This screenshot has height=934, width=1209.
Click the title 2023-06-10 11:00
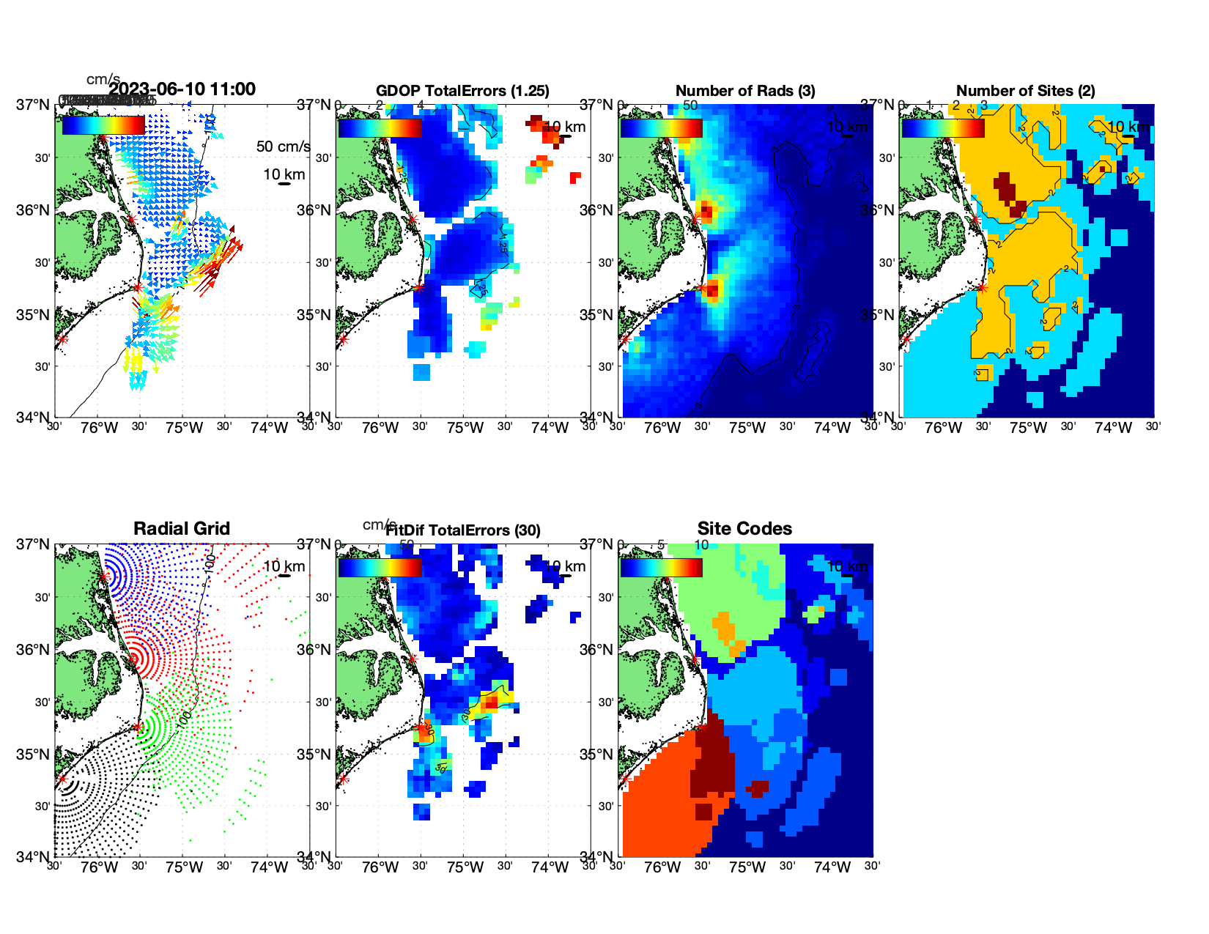click(x=182, y=89)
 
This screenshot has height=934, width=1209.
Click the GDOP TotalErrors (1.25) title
click(x=462, y=91)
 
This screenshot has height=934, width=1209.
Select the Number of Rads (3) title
click(x=745, y=91)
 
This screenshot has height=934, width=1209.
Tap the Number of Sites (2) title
click(x=1026, y=91)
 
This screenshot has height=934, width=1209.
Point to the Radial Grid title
click(x=182, y=529)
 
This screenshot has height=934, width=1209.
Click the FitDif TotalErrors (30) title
click(x=463, y=530)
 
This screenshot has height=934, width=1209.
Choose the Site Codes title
click(x=744, y=529)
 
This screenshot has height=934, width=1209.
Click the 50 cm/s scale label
click(x=283, y=147)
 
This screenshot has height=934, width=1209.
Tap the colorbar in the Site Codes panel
click(x=661, y=568)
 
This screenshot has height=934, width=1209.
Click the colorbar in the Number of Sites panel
click(x=943, y=127)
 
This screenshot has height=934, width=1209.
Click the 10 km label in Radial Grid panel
click(x=284, y=566)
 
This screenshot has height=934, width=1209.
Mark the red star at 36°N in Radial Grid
click(x=133, y=659)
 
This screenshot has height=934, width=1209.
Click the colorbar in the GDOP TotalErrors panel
click(x=380, y=127)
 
